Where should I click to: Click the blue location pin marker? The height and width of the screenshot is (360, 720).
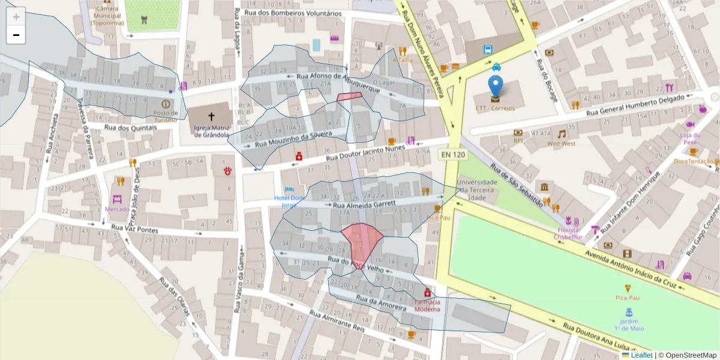point(495,88)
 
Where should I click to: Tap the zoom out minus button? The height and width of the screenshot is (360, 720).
point(16,35)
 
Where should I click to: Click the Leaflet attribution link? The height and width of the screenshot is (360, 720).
point(641,355)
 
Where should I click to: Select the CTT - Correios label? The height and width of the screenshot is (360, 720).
point(495,109)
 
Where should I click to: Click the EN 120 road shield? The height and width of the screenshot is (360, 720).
point(453,155)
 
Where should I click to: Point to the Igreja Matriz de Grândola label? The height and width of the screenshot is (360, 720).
point(211,131)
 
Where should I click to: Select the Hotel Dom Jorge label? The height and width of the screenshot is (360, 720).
point(290,201)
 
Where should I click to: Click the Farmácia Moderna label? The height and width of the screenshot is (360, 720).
point(427,305)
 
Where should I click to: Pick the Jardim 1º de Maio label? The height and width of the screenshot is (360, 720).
point(628,325)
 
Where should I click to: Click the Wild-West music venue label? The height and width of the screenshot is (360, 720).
point(562,144)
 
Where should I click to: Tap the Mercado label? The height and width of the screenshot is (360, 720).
point(117,209)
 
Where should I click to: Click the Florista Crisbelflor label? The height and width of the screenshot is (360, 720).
point(568,233)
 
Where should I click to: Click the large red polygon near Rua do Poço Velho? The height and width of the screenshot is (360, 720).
point(362,240)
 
